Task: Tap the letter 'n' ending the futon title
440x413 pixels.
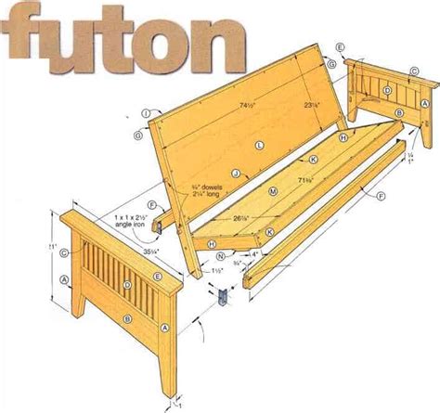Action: coord(225,42)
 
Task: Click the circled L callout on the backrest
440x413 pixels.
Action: coord(261,146)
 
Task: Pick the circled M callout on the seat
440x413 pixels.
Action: coord(273,190)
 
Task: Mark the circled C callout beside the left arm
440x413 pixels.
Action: coord(63,250)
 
